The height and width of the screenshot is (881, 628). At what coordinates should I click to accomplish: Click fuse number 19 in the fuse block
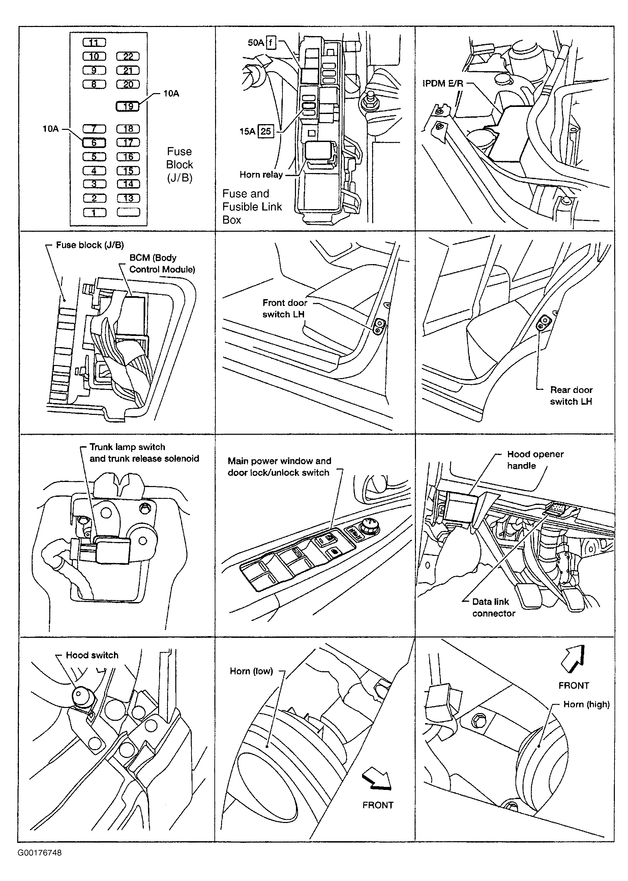(x=128, y=106)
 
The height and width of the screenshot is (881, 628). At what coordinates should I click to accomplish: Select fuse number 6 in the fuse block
(x=94, y=142)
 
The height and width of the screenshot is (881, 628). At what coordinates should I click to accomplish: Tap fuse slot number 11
(x=94, y=42)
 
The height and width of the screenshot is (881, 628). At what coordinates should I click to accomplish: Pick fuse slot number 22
(x=128, y=56)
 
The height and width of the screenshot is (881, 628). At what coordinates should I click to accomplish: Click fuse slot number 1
(x=94, y=212)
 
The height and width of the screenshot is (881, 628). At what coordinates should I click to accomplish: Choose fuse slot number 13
(x=128, y=198)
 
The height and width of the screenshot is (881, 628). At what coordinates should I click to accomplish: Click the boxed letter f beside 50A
(x=271, y=42)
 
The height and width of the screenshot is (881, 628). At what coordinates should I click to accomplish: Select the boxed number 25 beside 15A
(x=266, y=132)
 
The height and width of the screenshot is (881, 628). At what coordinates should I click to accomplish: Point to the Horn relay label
(x=261, y=175)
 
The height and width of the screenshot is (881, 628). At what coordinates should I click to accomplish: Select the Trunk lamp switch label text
(x=127, y=447)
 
